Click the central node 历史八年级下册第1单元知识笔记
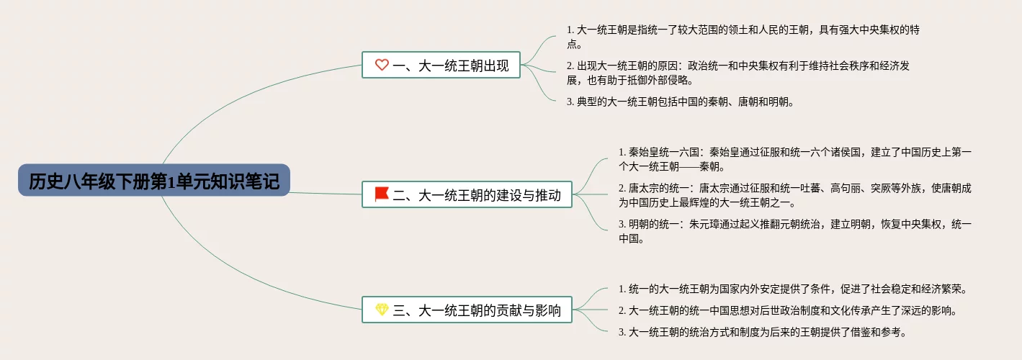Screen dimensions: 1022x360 (x=154, y=180)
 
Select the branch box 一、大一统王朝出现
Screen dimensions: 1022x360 (x=440, y=66)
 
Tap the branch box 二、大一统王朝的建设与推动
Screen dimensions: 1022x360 (x=467, y=194)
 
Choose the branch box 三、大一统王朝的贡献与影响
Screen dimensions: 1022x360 (x=467, y=310)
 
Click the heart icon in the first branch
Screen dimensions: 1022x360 (x=382, y=66)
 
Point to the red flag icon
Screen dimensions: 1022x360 (x=382, y=194)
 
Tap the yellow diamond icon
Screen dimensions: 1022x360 (x=382, y=310)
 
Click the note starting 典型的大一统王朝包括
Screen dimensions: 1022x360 (x=680, y=102)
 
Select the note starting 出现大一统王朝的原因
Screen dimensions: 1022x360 (x=738, y=73)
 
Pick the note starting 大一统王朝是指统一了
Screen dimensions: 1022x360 (x=743, y=37)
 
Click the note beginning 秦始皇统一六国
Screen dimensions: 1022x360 (x=794, y=159)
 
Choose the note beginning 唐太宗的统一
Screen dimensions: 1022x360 (x=794, y=195)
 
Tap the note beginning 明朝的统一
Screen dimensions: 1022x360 (x=794, y=231)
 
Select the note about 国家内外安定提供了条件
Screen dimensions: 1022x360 (x=792, y=289)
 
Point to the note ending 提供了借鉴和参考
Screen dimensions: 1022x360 (x=762, y=332)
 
